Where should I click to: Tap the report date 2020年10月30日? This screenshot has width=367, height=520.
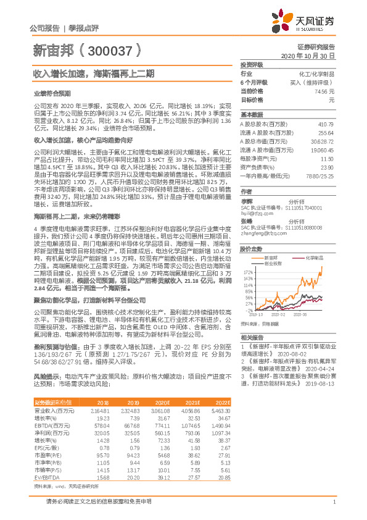click(x=312, y=56)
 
